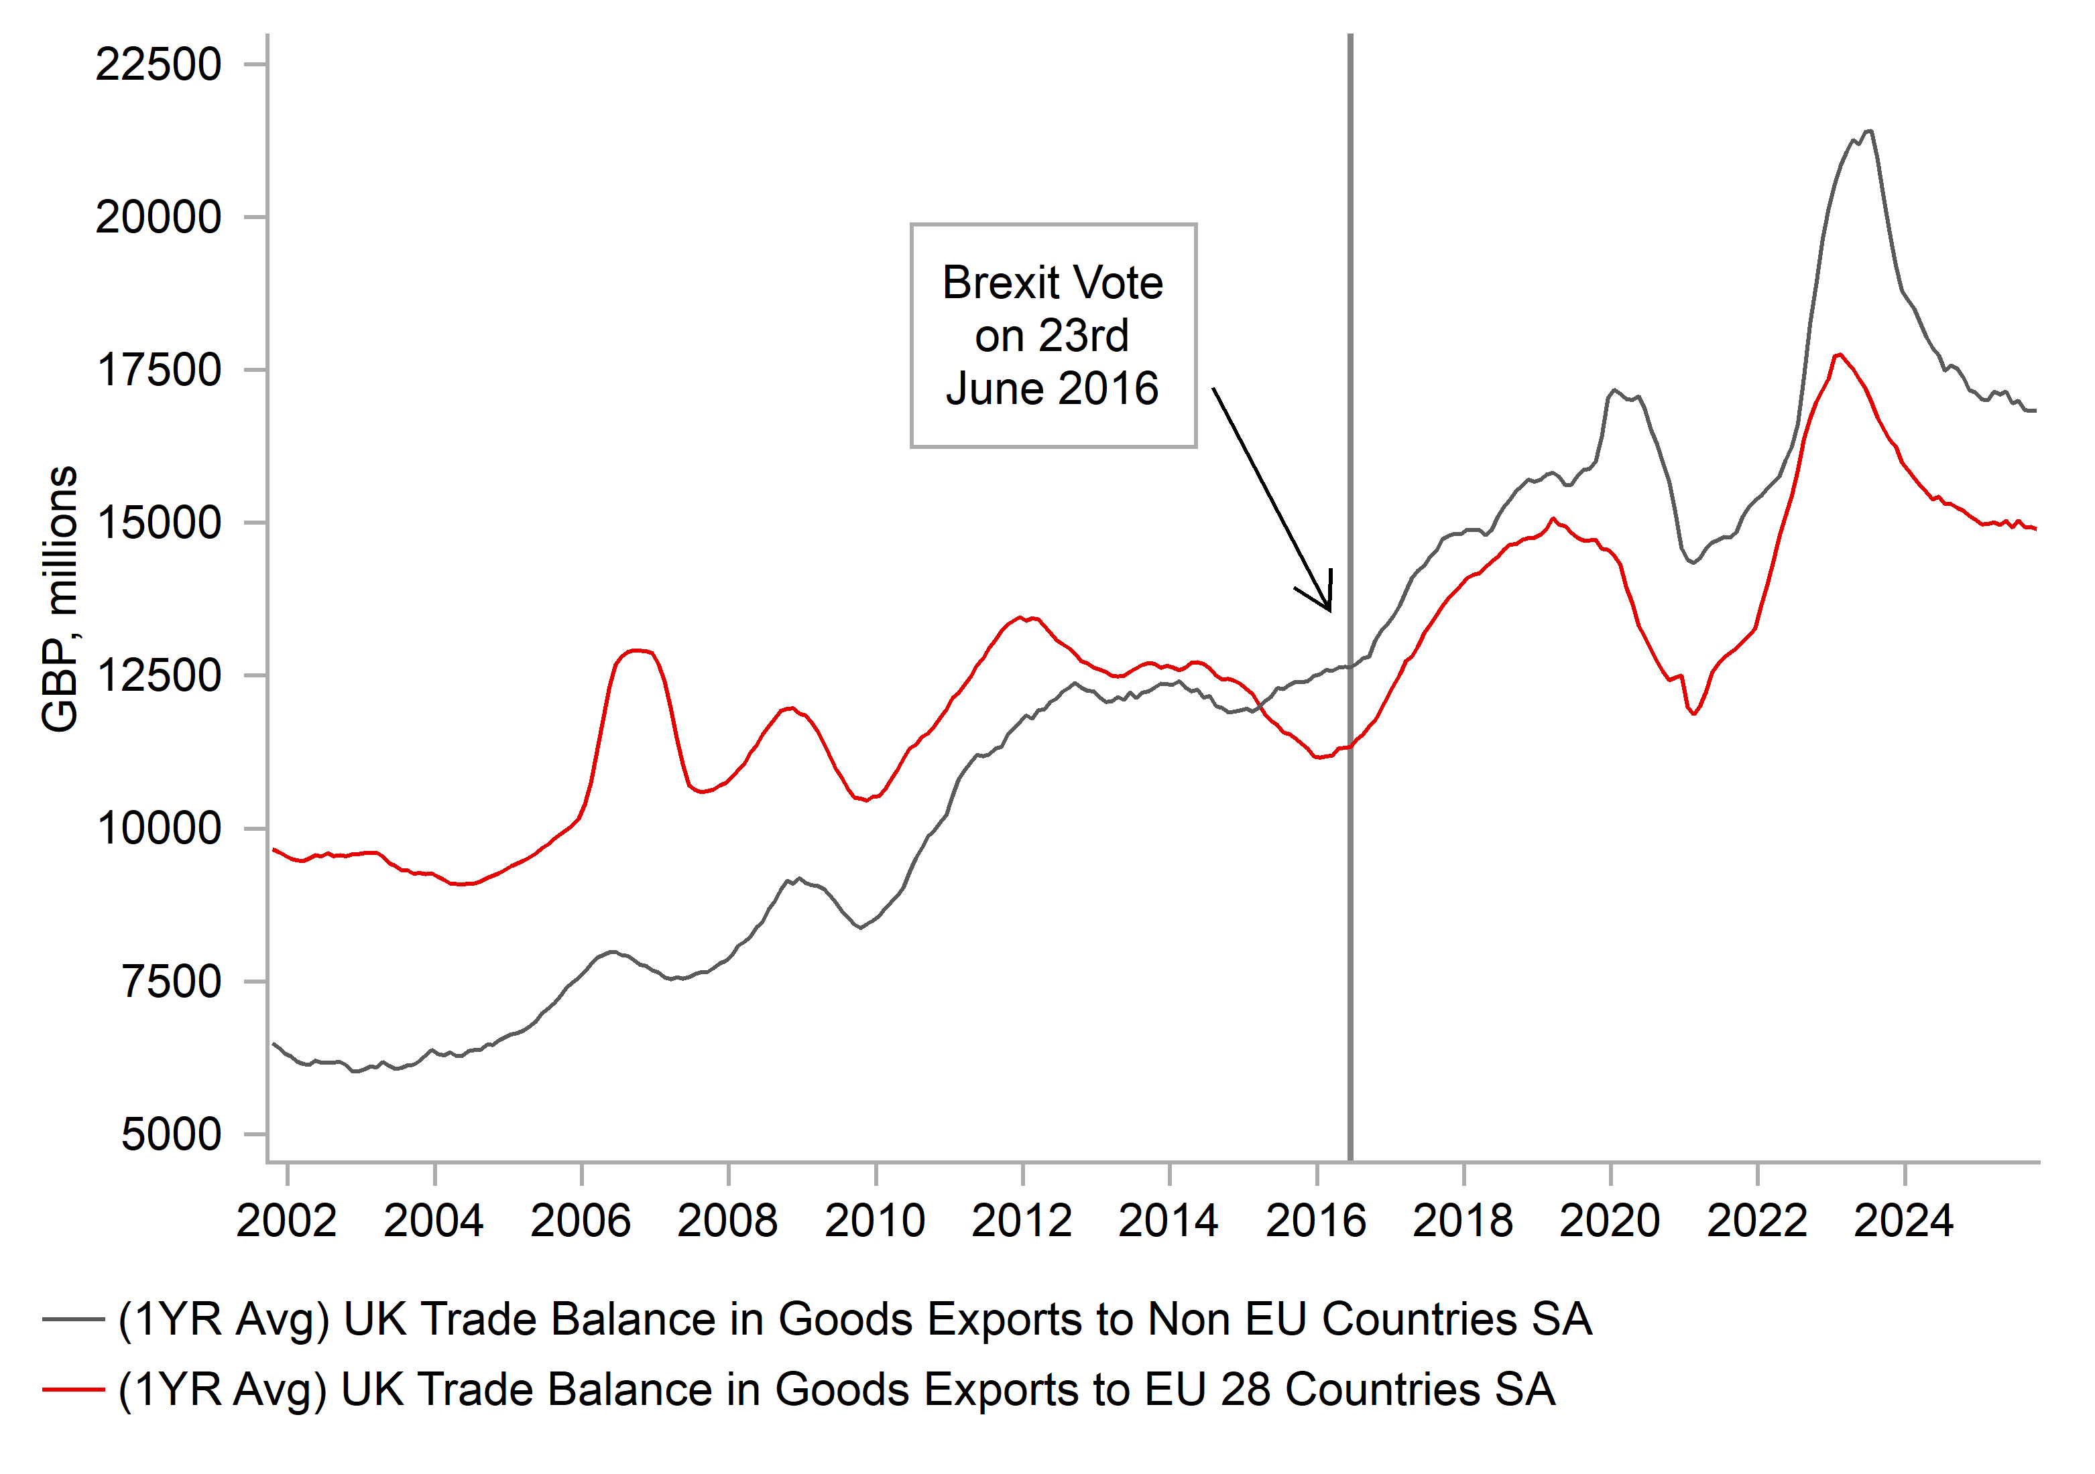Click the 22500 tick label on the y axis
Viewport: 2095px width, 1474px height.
[x=158, y=65]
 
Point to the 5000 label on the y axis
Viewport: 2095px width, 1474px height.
[x=171, y=1135]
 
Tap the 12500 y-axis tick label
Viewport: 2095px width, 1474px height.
[x=158, y=676]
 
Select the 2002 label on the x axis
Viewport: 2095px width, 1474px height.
[x=286, y=1221]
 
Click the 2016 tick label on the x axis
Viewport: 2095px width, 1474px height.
[x=1316, y=1221]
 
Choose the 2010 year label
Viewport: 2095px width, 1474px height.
[x=874, y=1221]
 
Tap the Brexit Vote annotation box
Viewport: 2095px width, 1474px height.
[x=1053, y=336]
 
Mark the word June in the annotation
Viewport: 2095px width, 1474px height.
[x=996, y=389]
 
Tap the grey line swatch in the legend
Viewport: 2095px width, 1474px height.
[x=74, y=1319]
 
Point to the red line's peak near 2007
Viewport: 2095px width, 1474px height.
[x=639, y=651]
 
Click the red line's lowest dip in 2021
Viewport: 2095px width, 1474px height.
[x=1693, y=714]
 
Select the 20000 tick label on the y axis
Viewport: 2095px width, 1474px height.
[x=158, y=218]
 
